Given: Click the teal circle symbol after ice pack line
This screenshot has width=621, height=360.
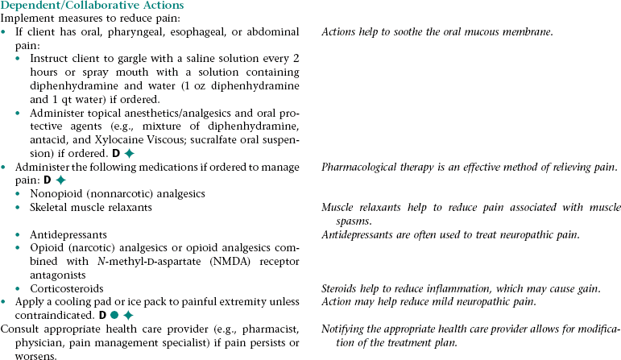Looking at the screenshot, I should [x=116, y=314].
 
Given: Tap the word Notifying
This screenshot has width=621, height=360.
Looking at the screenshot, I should [x=344, y=329].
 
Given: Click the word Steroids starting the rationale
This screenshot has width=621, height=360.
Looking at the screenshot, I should [x=342, y=288].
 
